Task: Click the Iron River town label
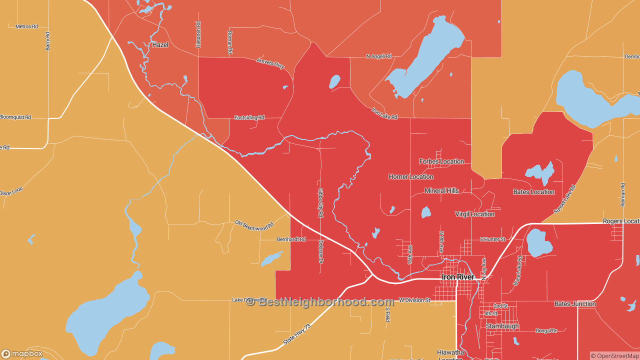tap(457, 277)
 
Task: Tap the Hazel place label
tap(160, 45)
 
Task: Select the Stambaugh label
tap(502, 326)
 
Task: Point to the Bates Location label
tap(533, 192)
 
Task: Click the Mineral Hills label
tap(441, 191)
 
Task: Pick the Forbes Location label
tap(441, 161)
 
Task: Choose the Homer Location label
tap(410, 177)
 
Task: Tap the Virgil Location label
tap(474, 214)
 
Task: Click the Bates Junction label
tap(575, 304)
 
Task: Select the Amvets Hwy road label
tap(270, 63)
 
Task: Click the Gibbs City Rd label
tap(320, 202)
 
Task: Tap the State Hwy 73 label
tap(297, 333)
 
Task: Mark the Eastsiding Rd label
tap(249, 118)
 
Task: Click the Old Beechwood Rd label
tap(254, 225)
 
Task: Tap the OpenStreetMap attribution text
tap(614, 356)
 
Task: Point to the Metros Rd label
tap(26, 26)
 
